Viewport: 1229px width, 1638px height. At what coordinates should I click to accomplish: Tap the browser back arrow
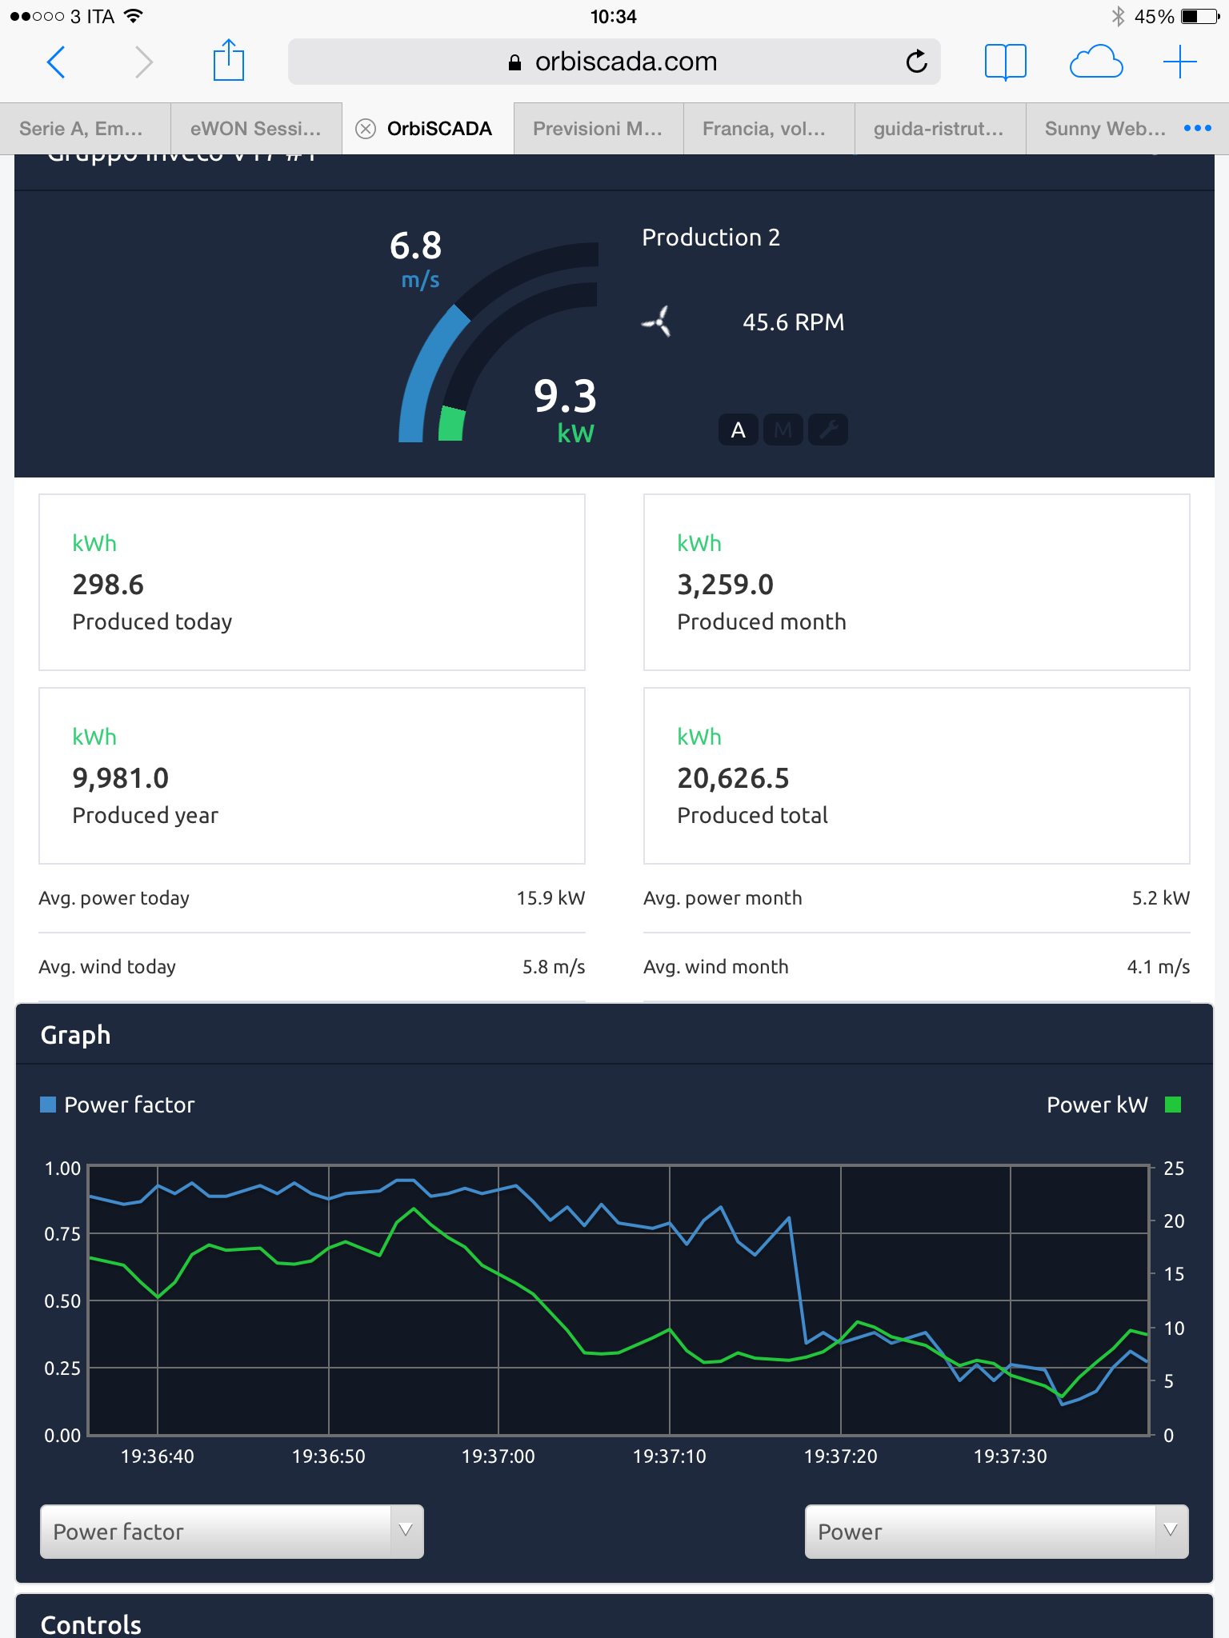point(56,62)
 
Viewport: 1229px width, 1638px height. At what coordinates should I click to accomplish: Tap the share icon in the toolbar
point(228,61)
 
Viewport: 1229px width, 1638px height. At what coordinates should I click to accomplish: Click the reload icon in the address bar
point(916,62)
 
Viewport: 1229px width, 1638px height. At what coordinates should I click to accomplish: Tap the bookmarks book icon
point(1005,62)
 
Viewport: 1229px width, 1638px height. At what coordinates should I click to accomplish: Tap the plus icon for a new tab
point(1179,62)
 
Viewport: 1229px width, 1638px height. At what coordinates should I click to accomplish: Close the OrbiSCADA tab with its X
point(366,129)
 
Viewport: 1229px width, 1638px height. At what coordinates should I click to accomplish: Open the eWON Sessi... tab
point(255,129)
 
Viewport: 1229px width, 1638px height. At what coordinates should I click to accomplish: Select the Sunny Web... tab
point(1104,129)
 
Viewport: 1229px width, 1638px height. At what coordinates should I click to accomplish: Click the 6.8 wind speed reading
point(415,246)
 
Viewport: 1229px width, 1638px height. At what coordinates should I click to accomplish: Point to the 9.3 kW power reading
point(565,397)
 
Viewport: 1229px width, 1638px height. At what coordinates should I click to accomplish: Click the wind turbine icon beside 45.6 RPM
point(657,322)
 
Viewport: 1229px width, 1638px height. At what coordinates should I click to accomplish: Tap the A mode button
point(738,430)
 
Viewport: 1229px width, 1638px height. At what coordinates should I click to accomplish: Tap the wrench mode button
point(828,430)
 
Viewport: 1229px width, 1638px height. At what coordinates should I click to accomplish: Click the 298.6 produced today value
point(108,585)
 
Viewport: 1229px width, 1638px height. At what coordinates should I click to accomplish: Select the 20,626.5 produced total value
point(733,778)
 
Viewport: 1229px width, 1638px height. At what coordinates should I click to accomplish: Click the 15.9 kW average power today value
point(550,898)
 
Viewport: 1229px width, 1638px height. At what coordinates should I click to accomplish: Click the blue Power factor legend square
point(48,1105)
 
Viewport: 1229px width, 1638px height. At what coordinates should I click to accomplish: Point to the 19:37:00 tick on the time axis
point(498,1456)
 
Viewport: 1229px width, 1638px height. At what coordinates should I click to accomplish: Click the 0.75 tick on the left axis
point(62,1234)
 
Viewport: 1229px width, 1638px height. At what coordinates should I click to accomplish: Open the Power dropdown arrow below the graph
point(1171,1531)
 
